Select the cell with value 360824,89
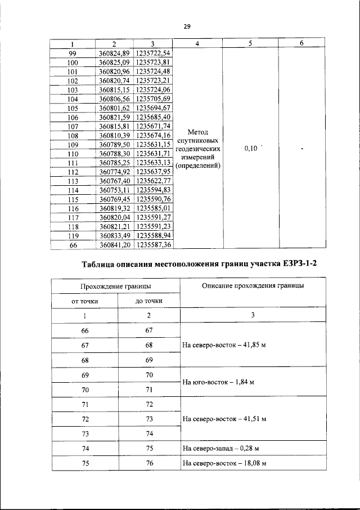[114, 53]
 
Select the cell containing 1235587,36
[153, 245]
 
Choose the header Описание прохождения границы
[253, 285]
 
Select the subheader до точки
[149, 301]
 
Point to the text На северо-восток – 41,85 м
[224, 345]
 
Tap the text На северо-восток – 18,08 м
[224, 463]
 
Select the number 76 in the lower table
[149, 463]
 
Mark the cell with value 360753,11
[114, 191]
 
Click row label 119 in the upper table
[72, 236]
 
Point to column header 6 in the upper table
[301, 44]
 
